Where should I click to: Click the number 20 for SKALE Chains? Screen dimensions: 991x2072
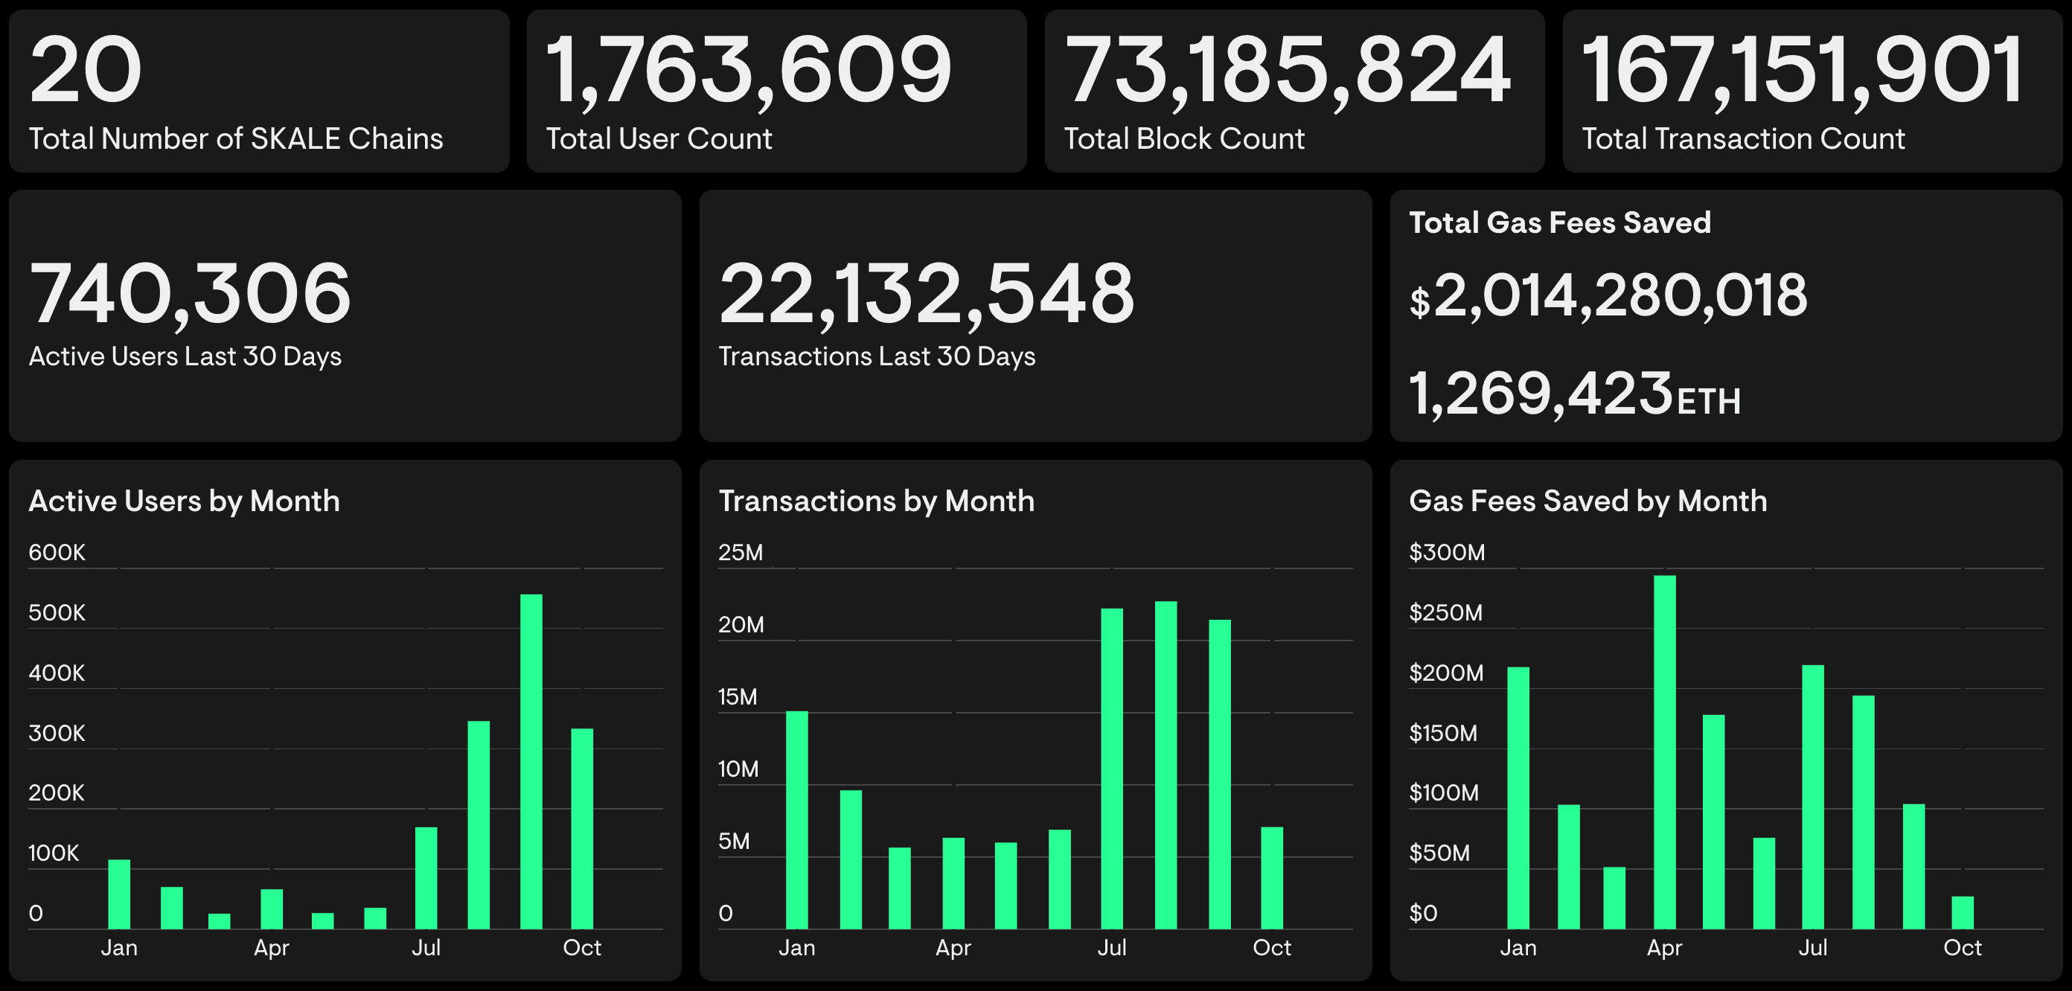click(x=86, y=71)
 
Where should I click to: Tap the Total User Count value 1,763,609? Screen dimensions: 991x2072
click(x=748, y=71)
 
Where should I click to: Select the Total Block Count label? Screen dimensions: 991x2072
click(x=1184, y=139)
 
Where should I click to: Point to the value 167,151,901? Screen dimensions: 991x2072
click(x=1802, y=71)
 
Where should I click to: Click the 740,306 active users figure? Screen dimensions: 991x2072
click(x=190, y=295)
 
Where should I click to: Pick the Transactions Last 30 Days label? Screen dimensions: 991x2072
click(x=877, y=356)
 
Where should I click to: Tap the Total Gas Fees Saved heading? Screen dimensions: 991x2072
click(x=1560, y=222)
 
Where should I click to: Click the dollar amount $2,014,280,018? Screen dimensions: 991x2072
click(x=1608, y=296)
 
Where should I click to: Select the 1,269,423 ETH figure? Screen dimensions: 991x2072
click(x=1574, y=395)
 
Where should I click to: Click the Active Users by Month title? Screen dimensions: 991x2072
click(x=184, y=501)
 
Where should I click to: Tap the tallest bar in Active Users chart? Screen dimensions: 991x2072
click(x=531, y=761)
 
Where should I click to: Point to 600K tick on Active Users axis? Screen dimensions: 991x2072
click(x=57, y=553)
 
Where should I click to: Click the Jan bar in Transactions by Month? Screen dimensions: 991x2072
click(x=796, y=820)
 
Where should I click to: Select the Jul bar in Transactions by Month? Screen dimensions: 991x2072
click(x=1112, y=769)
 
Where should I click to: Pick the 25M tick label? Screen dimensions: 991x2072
click(x=740, y=553)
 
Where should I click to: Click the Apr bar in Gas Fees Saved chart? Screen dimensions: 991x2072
click(x=1664, y=752)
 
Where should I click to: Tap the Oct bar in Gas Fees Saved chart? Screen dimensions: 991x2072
click(x=1963, y=912)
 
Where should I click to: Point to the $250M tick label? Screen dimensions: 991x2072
click(x=1445, y=613)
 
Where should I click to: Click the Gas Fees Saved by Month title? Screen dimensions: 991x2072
click(x=1587, y=501)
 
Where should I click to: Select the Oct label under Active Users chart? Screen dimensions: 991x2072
click(x=581, y=948)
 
